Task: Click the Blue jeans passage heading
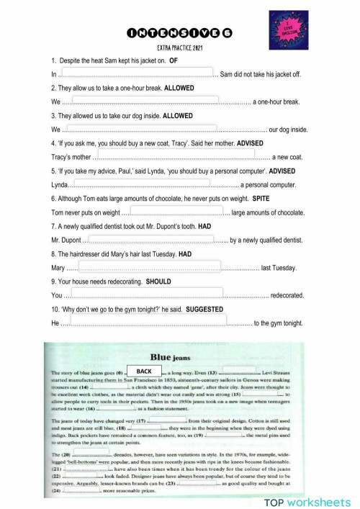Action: pos(180,355)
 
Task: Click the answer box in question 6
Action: pos(176,210)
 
